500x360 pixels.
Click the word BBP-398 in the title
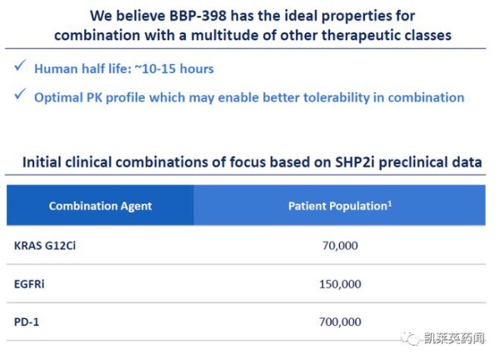(197, 16)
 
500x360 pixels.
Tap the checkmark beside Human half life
(20, 66)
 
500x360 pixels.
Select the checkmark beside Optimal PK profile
(20, 94)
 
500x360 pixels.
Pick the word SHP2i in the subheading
(355, 162)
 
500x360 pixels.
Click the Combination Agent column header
(100, 206)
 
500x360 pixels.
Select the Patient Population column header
(337, 206)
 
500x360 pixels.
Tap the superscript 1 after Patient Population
(390, 203)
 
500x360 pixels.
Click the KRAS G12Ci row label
(45, 246)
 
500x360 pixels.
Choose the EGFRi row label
(29, 284)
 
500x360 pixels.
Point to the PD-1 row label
(27, 322)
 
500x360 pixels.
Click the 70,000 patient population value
(340, 246)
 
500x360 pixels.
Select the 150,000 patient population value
(340, 284)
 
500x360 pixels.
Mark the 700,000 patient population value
(340, 322)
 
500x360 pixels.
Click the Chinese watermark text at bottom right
(454, 338)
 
